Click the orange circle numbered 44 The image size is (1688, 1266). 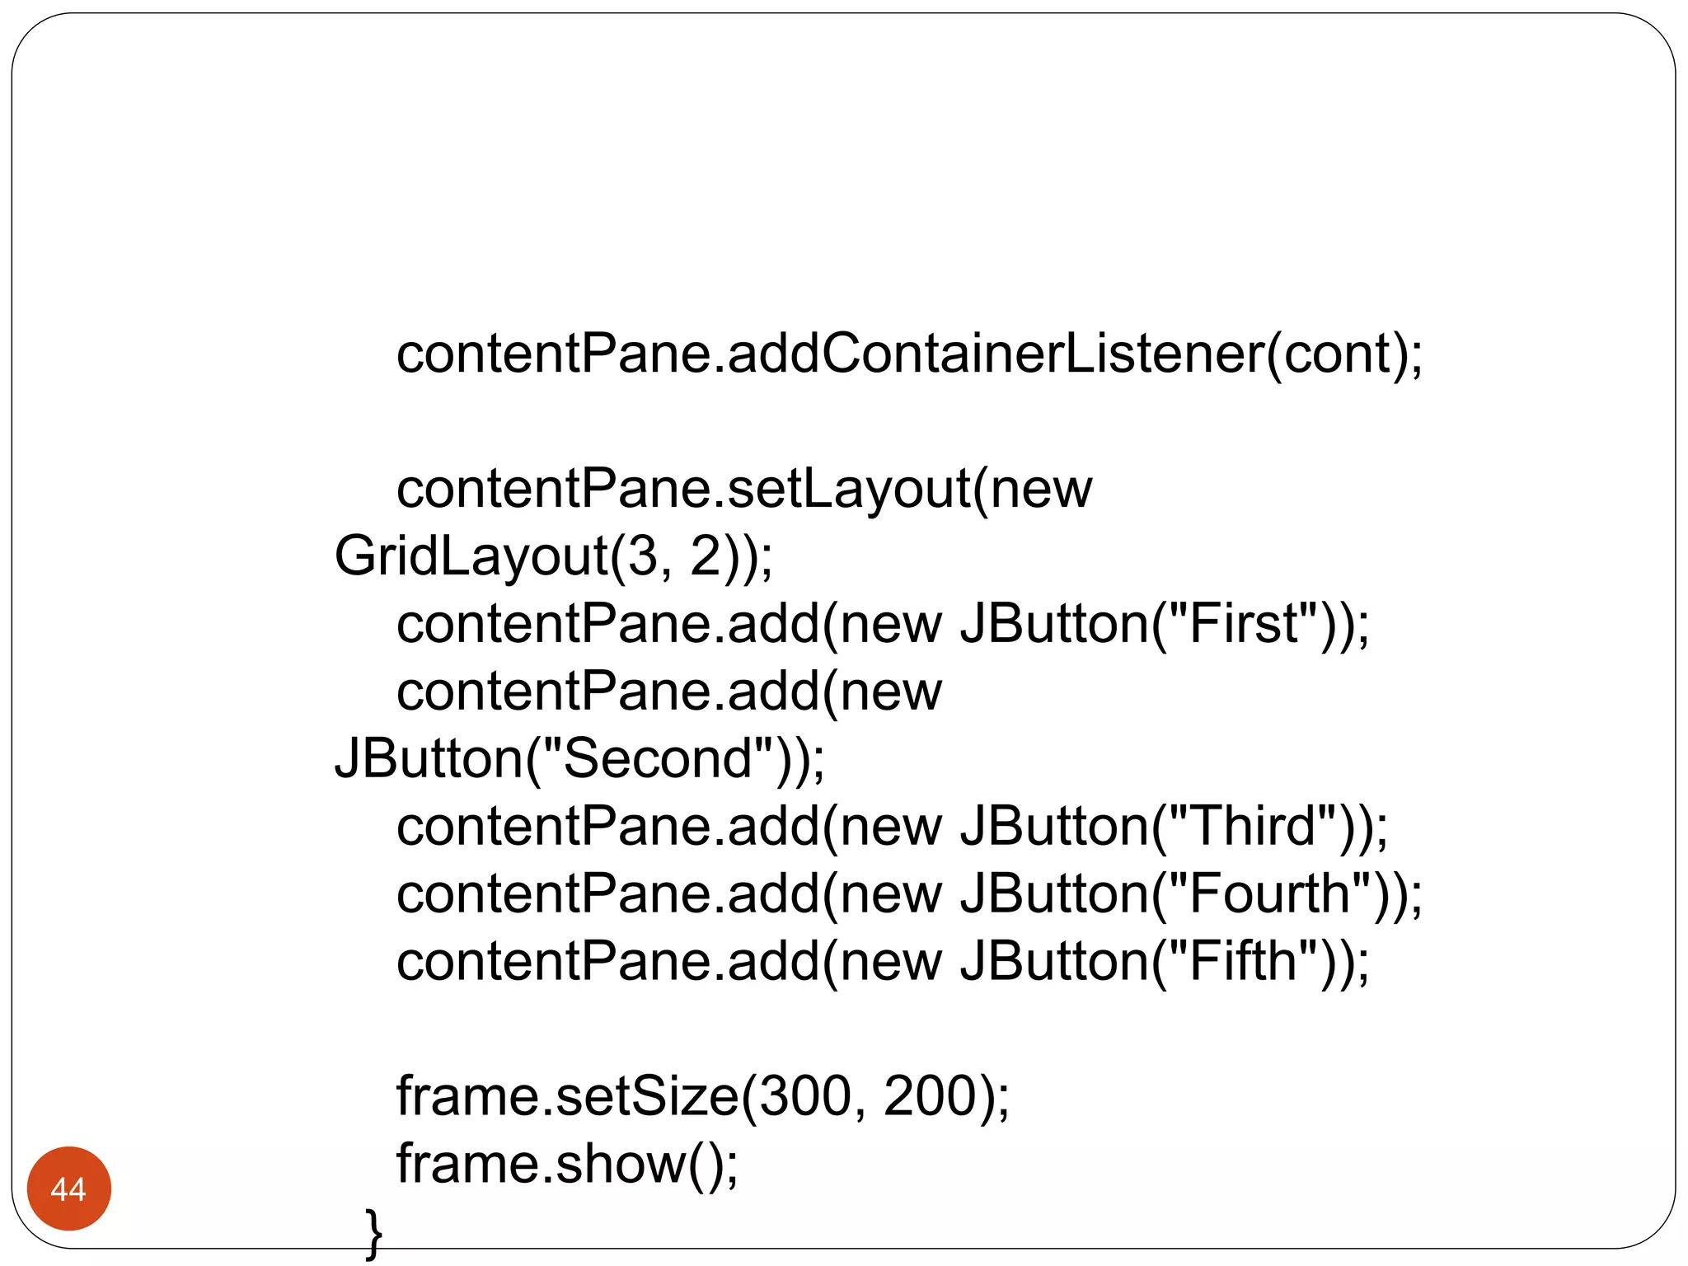tap(68, 1188)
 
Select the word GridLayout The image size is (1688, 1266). tap(471, 556)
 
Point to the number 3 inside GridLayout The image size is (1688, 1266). tap(643, 556)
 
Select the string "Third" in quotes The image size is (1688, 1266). tap(1253, 826)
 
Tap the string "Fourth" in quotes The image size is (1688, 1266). tap(1270, 893)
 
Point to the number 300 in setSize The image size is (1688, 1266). tap(804, 1096)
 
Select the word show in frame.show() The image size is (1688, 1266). tap(620, 1164)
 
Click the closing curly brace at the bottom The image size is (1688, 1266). tap(373, 1233)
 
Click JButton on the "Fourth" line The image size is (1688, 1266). tap(1053, 893)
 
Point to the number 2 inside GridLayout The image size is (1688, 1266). tap(706, 556)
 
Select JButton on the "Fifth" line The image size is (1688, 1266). tap(1053, 961)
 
